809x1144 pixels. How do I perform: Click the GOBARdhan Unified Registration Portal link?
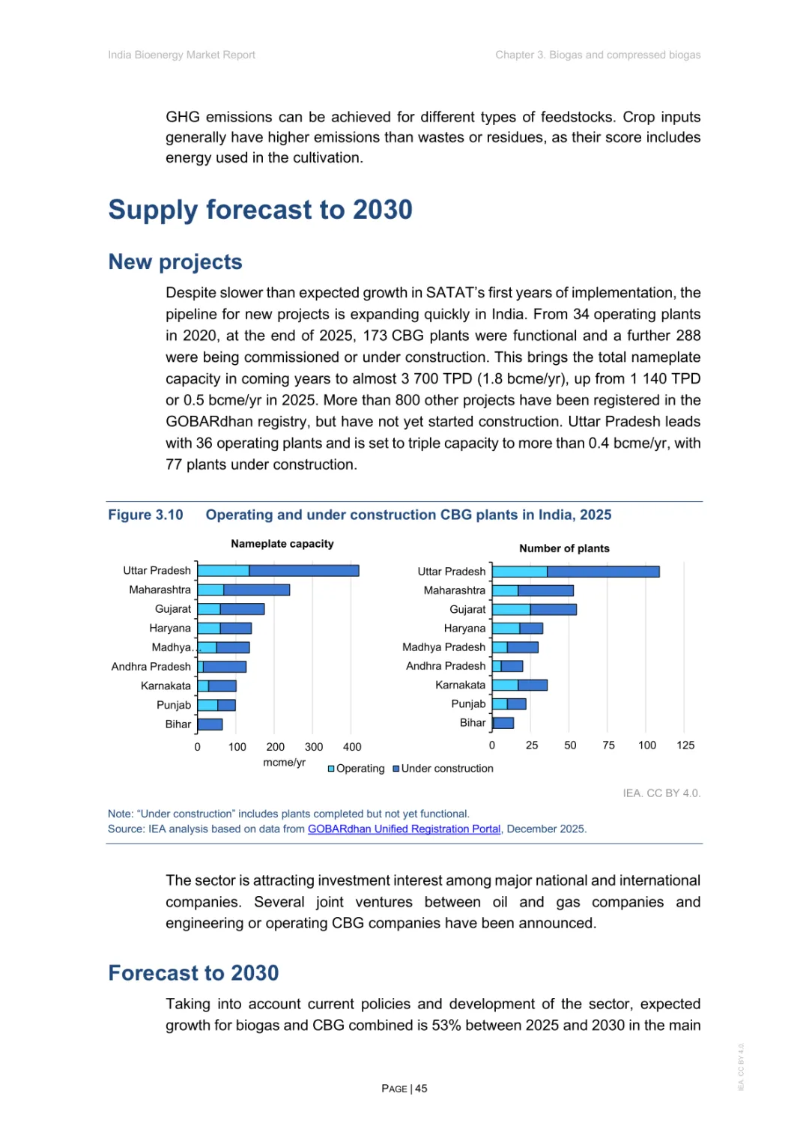coord(404,829)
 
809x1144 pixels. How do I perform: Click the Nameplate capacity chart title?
coord(282,544)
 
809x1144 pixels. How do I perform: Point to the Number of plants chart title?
coord(564,548)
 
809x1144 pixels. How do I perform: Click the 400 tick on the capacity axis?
coord(352,746)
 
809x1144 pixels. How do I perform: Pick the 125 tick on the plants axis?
coord(685,745)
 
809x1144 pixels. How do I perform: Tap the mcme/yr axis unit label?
coord(284,762)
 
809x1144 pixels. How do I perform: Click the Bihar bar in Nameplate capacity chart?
coord(210,724)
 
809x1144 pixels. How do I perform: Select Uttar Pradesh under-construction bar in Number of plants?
coord(603,572)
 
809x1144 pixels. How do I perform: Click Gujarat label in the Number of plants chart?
coord(467,609)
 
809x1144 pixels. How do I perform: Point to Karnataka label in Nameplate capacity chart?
coord(166,686)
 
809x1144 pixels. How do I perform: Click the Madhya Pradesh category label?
coord(443,647)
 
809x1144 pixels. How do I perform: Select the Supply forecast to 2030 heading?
coord(260,210)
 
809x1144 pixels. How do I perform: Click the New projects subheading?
coord(175,261)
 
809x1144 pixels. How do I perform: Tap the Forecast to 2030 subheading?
coord(193,972)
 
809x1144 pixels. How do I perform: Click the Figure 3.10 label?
coord(145,515)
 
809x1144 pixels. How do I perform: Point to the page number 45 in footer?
coord(421,1088)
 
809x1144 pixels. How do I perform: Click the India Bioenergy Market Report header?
coord(181,55)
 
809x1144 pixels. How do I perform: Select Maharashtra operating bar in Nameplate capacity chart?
coord(210,590)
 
